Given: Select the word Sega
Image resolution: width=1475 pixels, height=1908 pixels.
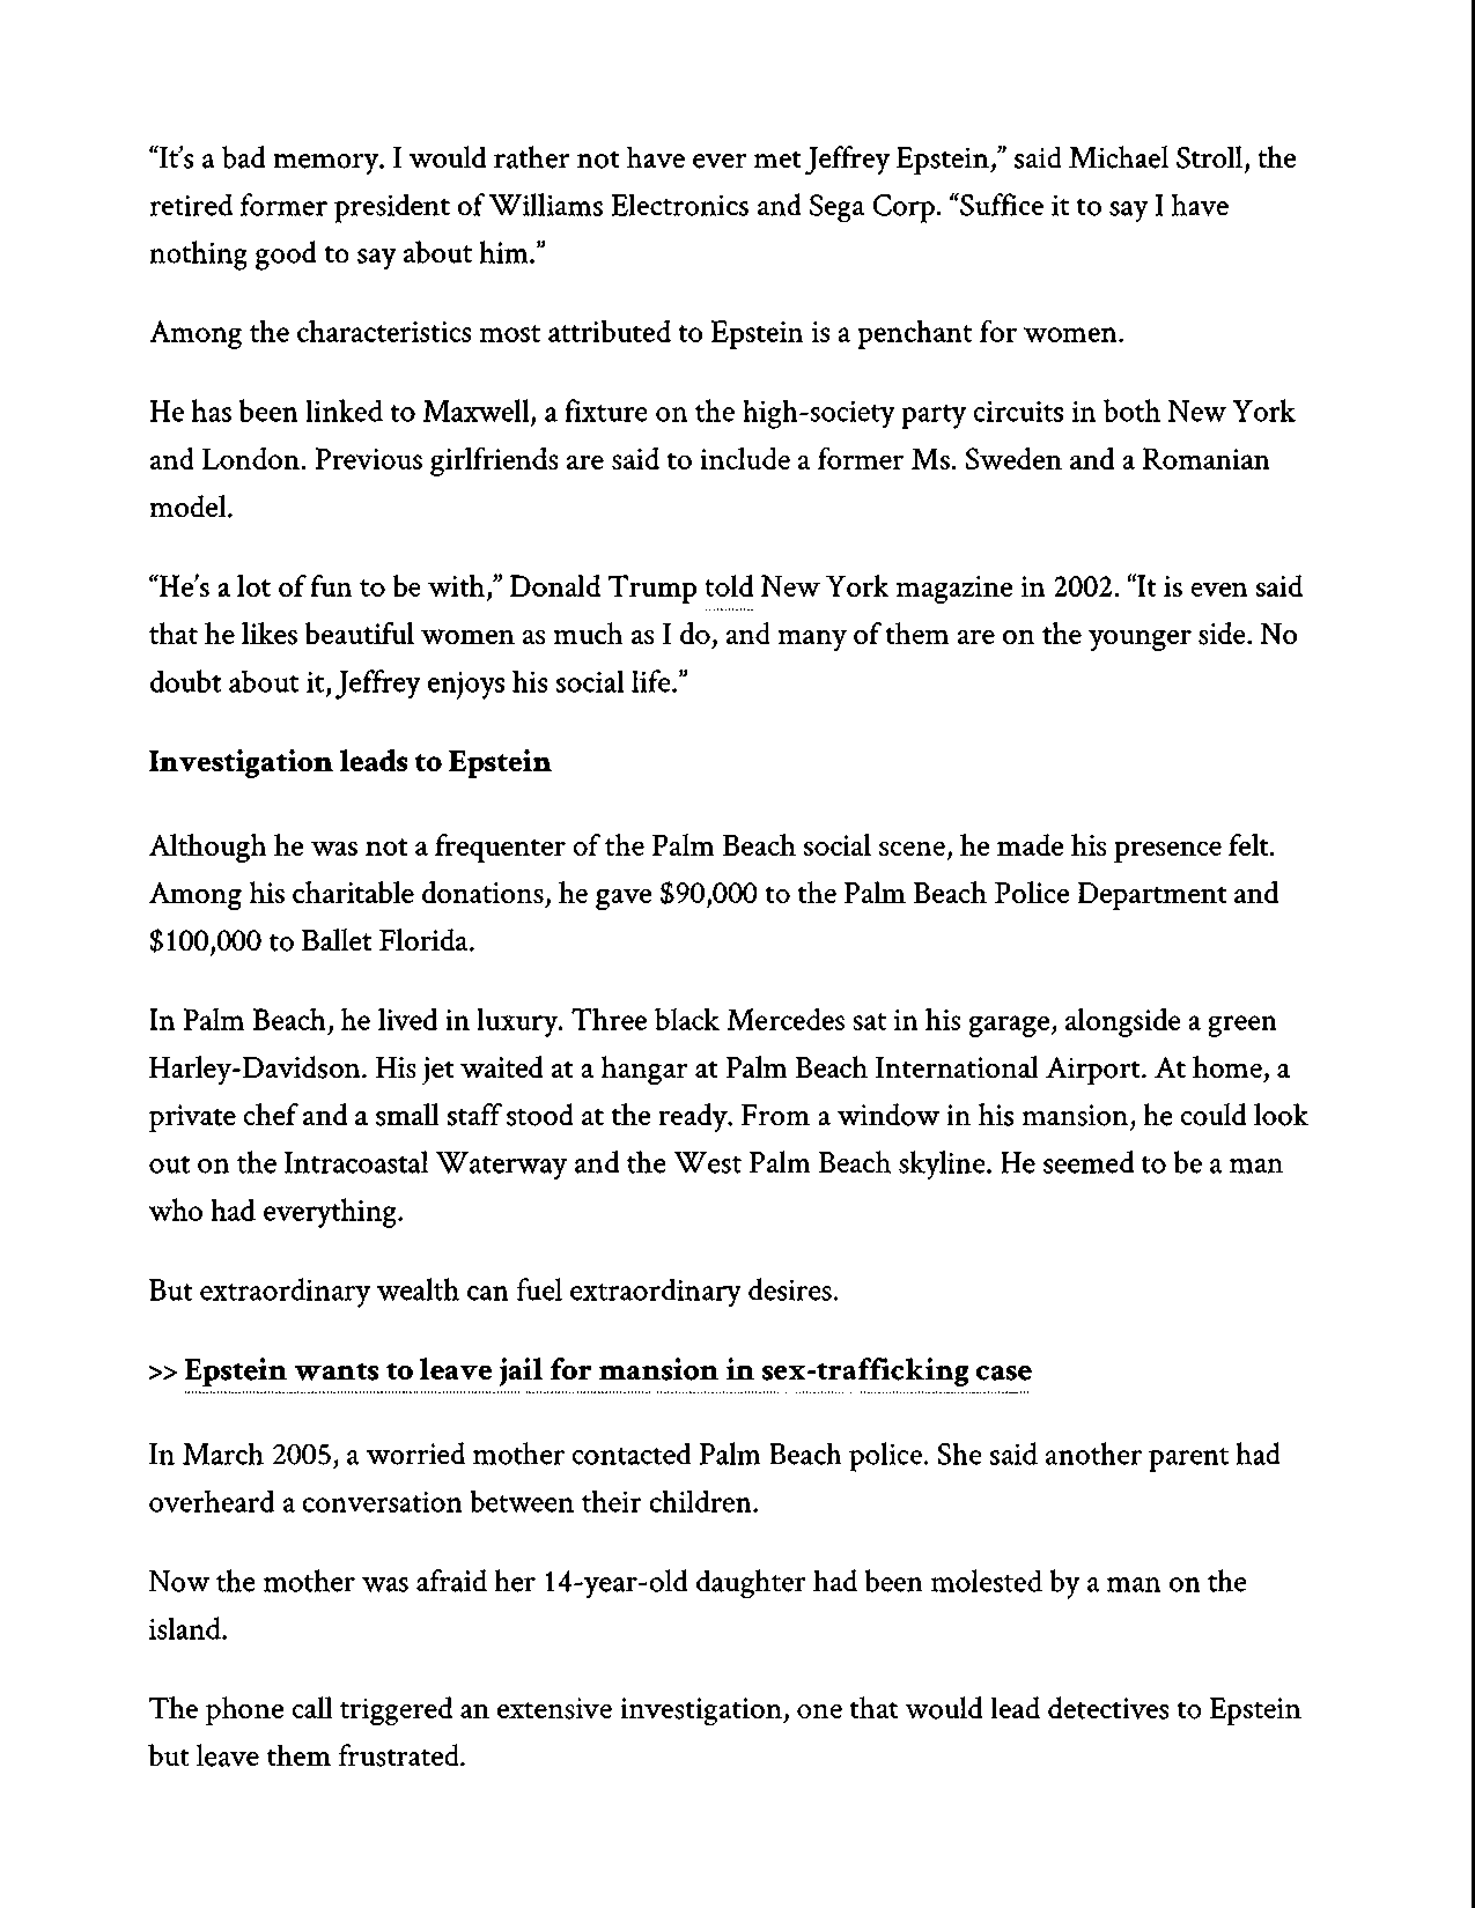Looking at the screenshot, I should pos(835,207).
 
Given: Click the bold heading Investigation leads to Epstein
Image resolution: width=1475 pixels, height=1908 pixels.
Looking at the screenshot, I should pos(349,763).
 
